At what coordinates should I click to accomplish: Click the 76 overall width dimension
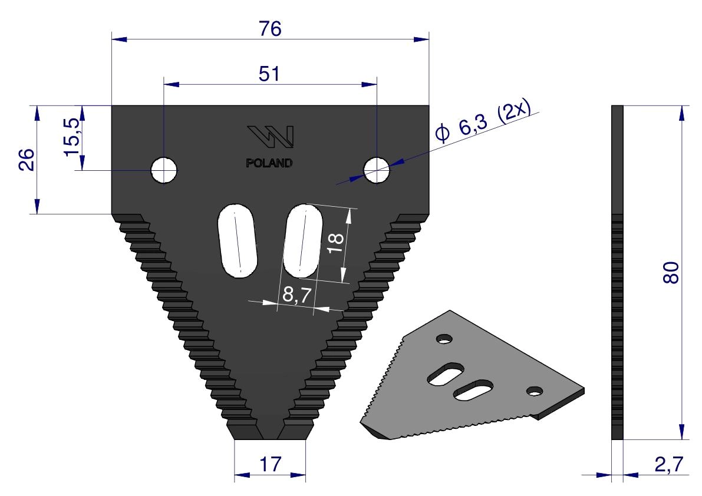(270, 29)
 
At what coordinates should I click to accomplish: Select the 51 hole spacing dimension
(269, 74)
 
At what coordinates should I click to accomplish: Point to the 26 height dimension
(27, 159)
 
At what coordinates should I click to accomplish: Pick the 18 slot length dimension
(336, 243)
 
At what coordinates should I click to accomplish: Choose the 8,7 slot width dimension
(297, 295)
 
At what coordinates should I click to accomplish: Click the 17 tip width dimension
(271, 464)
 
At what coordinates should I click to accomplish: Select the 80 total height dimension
(671, 272)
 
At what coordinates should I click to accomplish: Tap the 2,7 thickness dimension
(669, 465)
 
